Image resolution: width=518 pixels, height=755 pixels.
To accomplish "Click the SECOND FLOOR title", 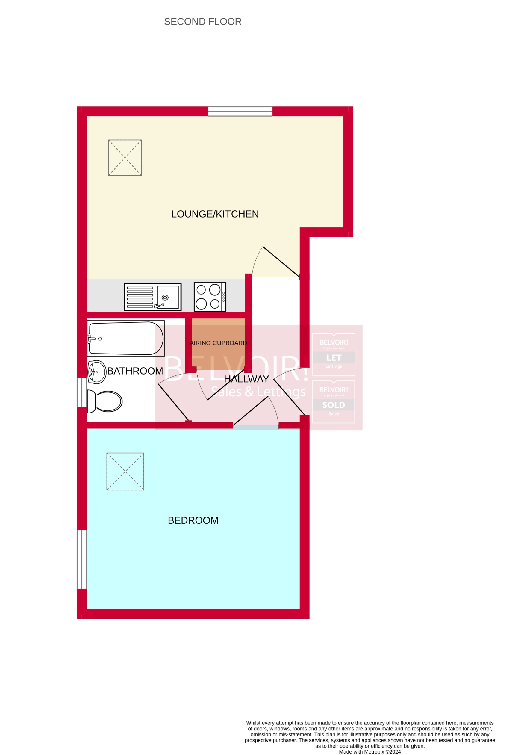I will pyautogui.click(x=203, y=22).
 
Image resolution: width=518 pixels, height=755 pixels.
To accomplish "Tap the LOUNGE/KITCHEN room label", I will pyautogui.click(x=215, y=214).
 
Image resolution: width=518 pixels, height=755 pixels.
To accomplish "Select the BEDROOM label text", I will pyautogui.click(x=193, y=520).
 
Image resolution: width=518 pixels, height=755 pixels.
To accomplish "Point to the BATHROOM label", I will pyautogui.click(x=135, y=371).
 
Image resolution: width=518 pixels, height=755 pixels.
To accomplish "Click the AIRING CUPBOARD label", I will pyautogui.click(x=218, y=343).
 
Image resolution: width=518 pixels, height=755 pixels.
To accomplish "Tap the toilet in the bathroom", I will pyautogui.click(x=105, y=401).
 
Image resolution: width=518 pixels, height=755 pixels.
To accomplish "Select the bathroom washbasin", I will pyautogui.click(x=97, y=372).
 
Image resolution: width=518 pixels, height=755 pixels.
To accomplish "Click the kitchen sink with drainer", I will pyautogui.click(x=153, y=297).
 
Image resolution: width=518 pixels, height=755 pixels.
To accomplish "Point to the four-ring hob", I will pyautogui.click(x=210, y=297).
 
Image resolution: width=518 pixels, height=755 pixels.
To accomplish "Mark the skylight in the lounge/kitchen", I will pyautogui.click(x=125, y=158).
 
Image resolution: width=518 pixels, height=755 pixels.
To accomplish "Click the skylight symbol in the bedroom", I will pyautogui.click(x=125, y=471).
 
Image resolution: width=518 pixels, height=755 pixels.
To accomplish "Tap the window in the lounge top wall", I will pyautogui.click(x=240, y=111).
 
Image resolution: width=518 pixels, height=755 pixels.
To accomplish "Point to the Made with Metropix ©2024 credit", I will pyautogui.click(x=369, y=751).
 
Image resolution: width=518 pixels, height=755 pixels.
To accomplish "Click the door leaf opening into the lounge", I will pyautogui.click(x=281, y=262).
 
